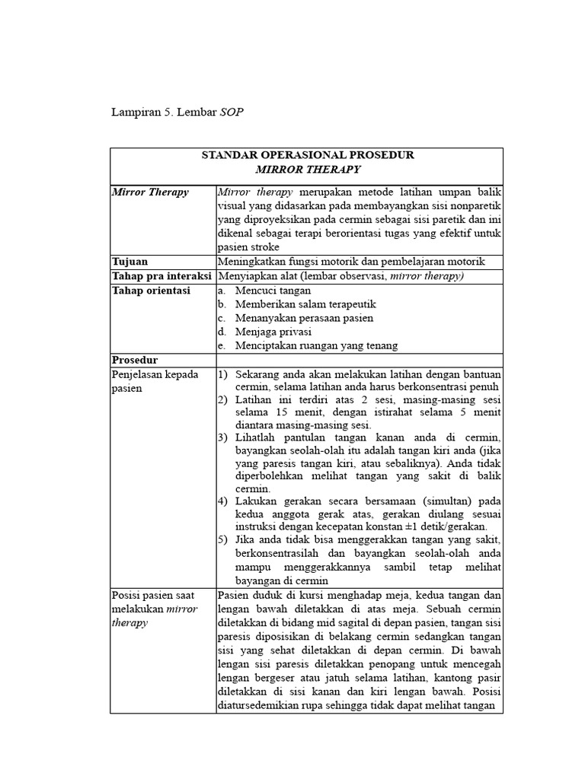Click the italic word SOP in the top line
[232, 113]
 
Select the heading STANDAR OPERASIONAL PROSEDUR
[307, 155]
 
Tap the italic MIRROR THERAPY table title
[307, 169]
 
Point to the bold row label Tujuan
[129, 261]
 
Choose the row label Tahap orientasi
[151, 290]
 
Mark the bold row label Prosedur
[135, 359]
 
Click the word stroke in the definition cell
[264, 247]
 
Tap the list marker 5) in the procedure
[223, 540]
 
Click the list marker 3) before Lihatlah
[223, 438]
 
